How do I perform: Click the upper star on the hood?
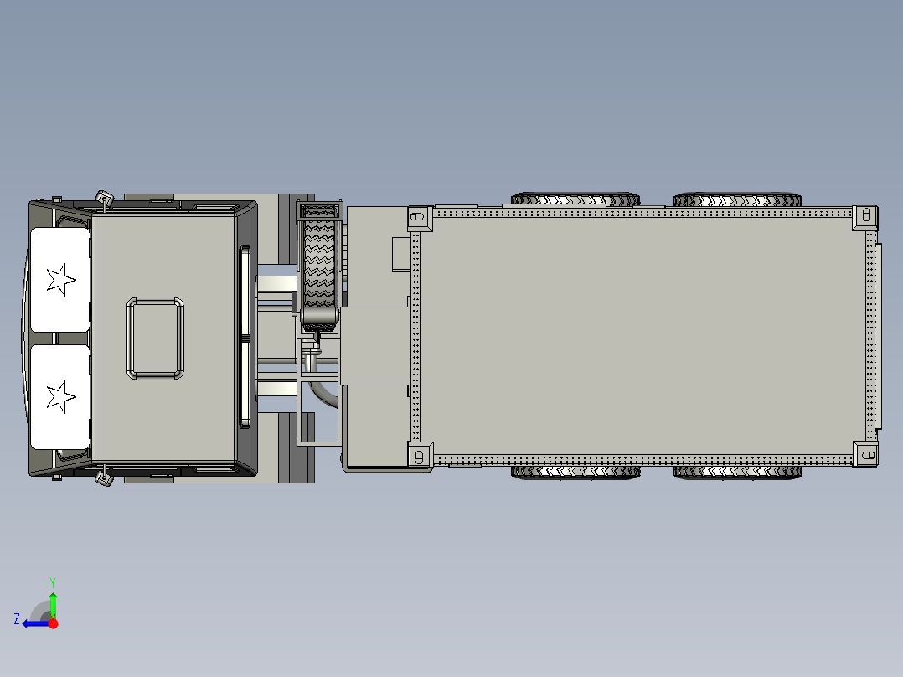click(x=59, y=279)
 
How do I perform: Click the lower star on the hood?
click(x=59, y=396)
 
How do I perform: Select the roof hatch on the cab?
click(x=156, y=338)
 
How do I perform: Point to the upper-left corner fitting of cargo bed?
click(x=418, y=218)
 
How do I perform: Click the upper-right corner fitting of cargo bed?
click(x=865, y=218)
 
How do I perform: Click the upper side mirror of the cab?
click(x=105, y=199)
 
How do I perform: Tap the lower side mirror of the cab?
click(x=105, y=478)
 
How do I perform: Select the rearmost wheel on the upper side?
click(x=737, y=199)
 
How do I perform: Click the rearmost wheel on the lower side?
click(x=737, y=473)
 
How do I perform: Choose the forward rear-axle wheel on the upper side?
click(x=575, y=199)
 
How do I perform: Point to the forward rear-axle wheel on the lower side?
click(x=575, y=473)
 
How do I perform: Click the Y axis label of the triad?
click(x=52, y=581)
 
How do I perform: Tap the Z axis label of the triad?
click(x=17, y=619)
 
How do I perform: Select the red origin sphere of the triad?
click(x=53, y=623)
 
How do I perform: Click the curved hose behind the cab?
click(x=322, y=393)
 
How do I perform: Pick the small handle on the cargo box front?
click(x=399, y=255)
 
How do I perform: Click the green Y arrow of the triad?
click(x=53, y=603)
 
